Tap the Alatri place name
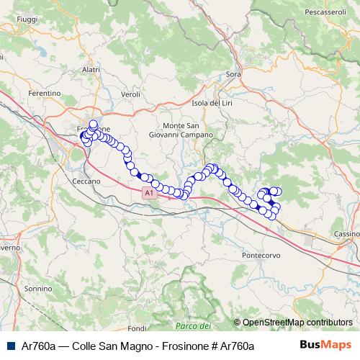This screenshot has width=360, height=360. tap(91, 69)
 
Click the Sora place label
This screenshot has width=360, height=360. tap(233, 74)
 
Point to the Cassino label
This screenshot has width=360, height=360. tap(346, 234)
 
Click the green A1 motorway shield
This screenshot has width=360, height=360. tap(148, 193)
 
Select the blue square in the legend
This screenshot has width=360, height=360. tap(11, 346)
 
